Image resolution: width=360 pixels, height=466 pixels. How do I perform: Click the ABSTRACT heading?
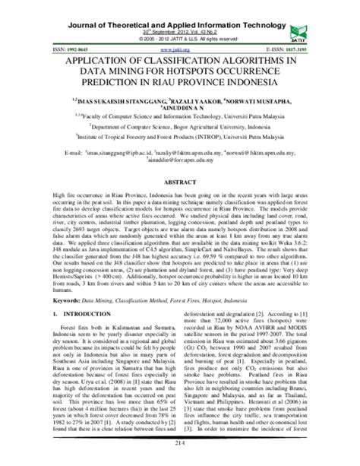click(x=180, y=182)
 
